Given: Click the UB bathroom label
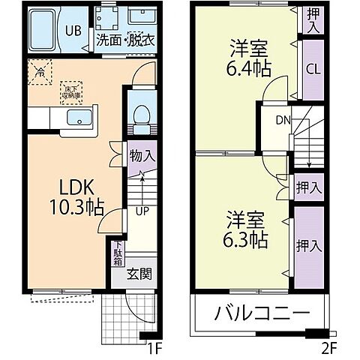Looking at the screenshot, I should point(73,31).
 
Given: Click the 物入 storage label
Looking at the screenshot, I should point(142,157).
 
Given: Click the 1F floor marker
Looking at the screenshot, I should point(154,347).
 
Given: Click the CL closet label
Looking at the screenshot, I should point(313,68).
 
